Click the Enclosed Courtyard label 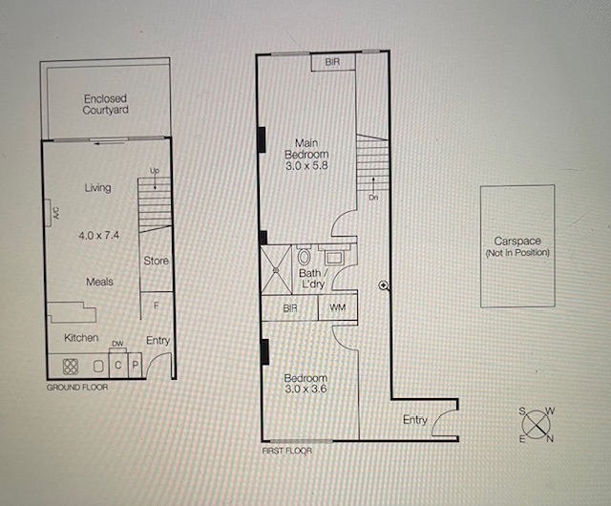pos(105,104)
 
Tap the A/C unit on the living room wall pos(48,213)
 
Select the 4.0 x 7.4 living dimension pos(99,236)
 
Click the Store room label pos(156,261)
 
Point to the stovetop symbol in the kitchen pos(71,367)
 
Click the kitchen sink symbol pos(98,367)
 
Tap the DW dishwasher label pos(117,344)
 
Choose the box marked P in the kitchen pos(136,366)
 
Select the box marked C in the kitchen pos(118,366)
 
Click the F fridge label pos(157,306)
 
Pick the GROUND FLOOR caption pos(77,388)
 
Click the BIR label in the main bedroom pos(332,62)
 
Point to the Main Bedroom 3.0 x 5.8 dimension pos(306,166)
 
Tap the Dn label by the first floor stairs pos(373,198)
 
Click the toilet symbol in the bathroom pos(304,256)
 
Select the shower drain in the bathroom pos(276,269)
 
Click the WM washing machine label pos(337,307)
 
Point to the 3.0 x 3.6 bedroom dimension pos(305,389)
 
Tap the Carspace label pos(517,241)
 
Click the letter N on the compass pos(550,439)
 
